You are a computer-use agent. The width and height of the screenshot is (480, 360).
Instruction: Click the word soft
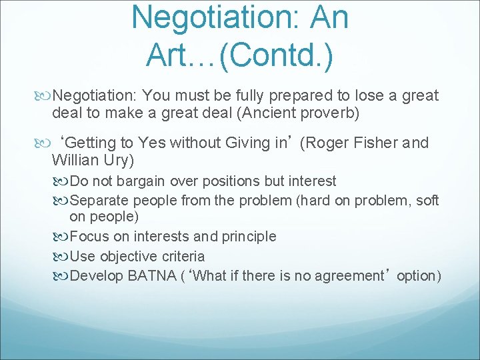[427, 200]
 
